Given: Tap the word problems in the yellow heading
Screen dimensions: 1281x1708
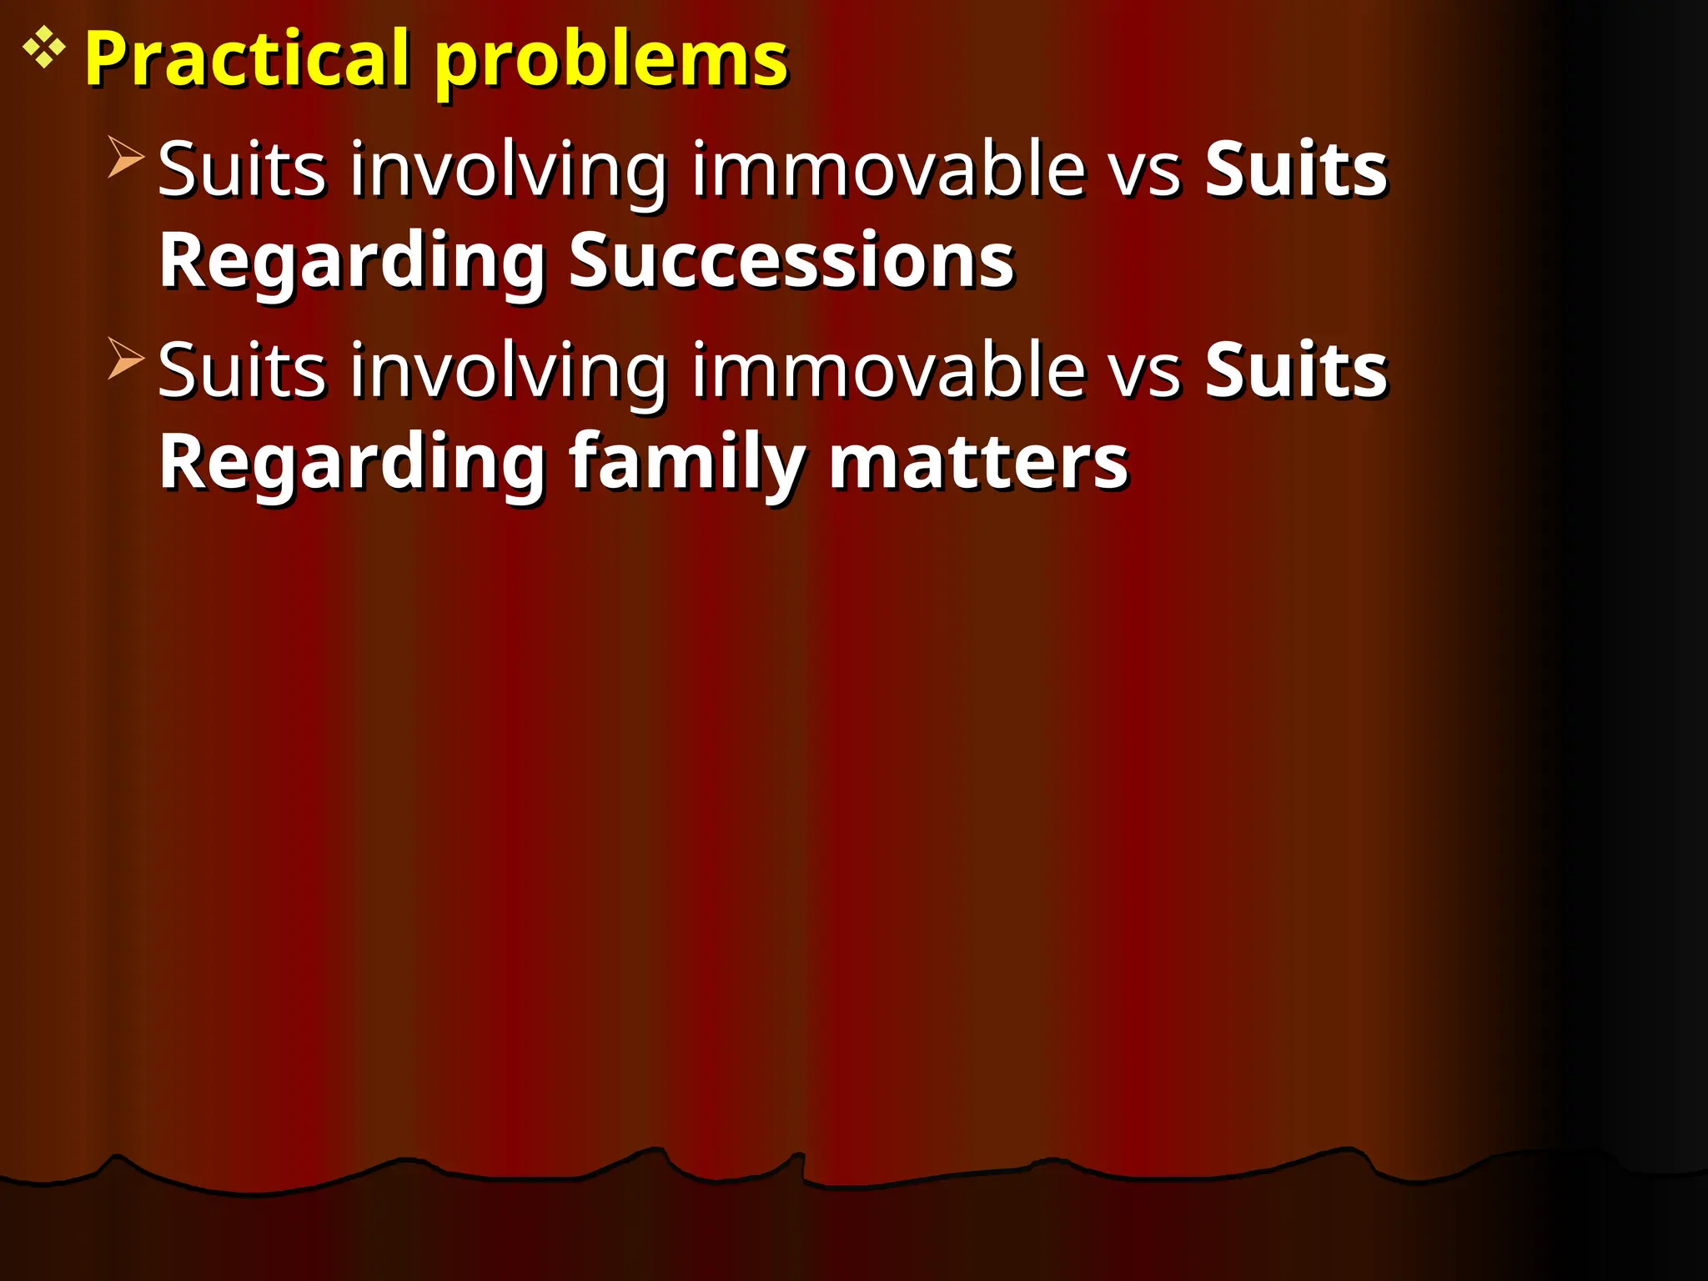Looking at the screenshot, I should point(611,60).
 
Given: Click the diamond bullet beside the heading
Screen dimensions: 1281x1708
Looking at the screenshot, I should point(43,48).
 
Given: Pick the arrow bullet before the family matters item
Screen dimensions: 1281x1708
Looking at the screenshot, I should point(126,358).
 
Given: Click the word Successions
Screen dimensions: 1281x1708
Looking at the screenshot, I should point(791,260).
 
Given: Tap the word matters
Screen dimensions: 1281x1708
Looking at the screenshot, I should point(978,463).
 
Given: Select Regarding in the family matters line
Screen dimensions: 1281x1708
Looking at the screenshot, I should point(353,464).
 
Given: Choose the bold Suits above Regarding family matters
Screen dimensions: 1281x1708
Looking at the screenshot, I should point(1296,370).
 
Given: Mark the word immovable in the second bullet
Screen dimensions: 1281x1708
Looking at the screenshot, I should point(889,370).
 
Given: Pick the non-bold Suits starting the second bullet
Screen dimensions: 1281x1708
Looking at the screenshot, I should point(242,370).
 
